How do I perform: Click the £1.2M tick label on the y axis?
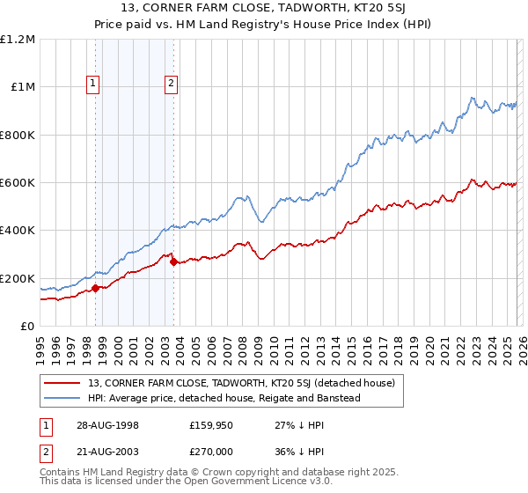18,40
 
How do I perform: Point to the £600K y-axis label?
18,183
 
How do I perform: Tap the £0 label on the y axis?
27,327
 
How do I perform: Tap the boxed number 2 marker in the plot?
172,85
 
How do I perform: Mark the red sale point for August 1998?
95,288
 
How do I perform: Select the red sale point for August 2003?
173,261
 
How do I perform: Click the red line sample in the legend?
63,383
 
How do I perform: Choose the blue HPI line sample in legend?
63,398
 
